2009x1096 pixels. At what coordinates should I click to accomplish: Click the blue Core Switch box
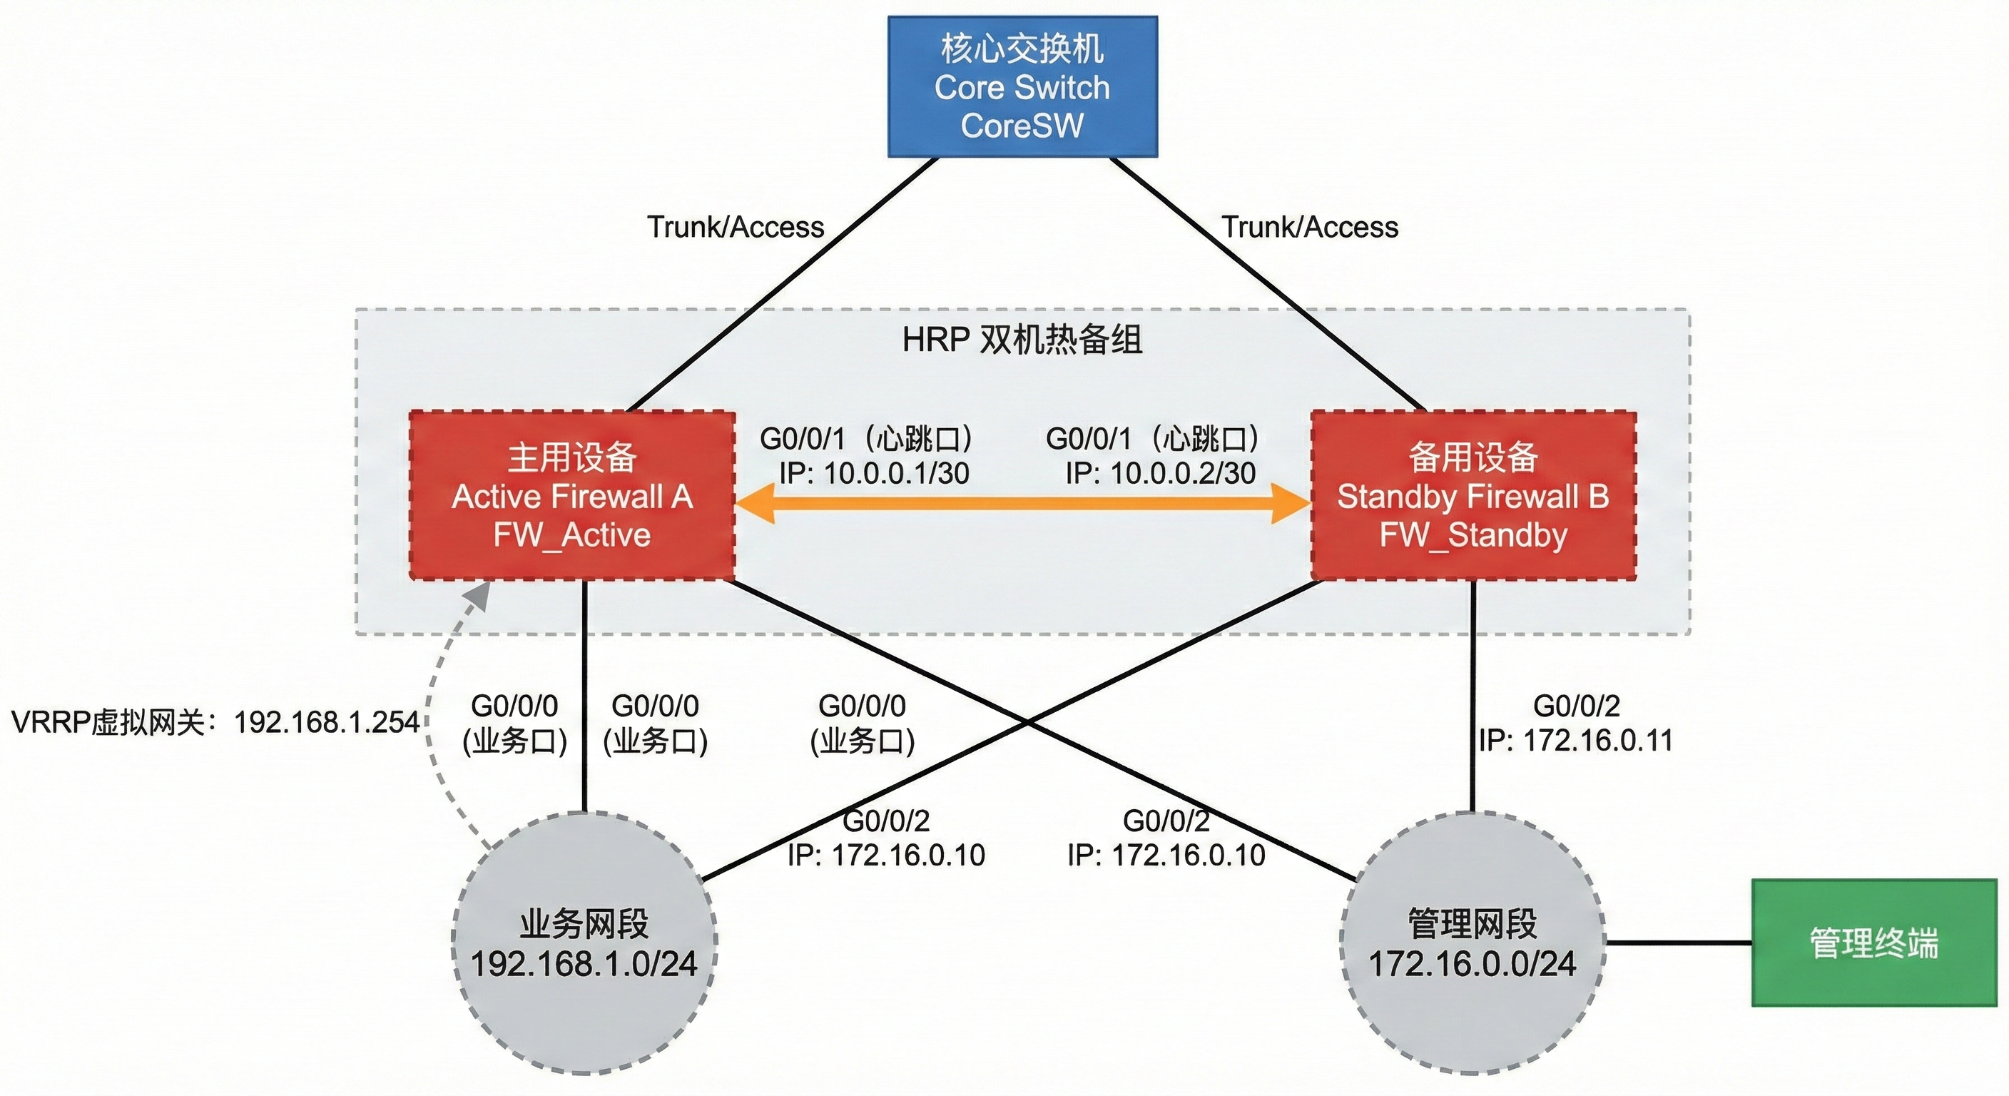click(x=1022, y=86)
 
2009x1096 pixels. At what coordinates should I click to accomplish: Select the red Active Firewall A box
click(x=571, y=495)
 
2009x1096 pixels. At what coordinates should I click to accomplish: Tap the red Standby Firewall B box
click(x=1473, y=495)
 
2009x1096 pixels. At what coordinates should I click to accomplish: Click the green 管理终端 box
click(x=1873, y=943)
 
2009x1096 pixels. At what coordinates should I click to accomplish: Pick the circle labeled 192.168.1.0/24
click(x=584, y=944)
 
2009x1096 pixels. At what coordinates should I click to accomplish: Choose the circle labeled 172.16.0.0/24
click(x=1472, y=944)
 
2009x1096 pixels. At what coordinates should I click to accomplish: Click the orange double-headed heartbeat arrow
click(x=1022, y=503)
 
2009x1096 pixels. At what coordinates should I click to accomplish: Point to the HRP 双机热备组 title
click(x=1022, y=340)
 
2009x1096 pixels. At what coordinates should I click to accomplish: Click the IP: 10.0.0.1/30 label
click(x=873, y=474)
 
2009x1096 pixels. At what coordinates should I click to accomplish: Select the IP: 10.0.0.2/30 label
click(x=1161, y=474)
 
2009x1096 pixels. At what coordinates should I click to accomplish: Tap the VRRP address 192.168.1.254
click(x=327, y=722)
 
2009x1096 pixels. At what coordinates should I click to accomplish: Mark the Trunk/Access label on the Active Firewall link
click(x=735, y=227)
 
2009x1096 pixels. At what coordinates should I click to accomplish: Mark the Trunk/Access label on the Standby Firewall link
click(x=1309, y=227)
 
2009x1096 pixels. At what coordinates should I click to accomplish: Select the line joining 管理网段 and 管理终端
click(x=1677, y=943)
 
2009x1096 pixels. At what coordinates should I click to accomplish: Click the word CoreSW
click(x=1022, y=126)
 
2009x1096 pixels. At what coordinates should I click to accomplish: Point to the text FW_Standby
click(x=1473, y=535)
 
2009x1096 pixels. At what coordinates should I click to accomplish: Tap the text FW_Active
click(x=571, y=535)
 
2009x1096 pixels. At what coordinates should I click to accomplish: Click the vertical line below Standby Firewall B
click(x=1473, y=694)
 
